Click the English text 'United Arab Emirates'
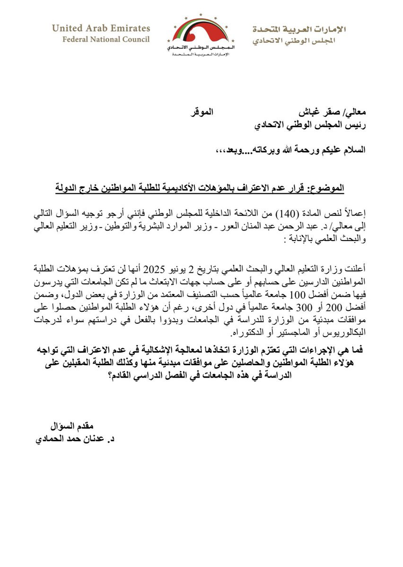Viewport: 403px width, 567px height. [x=101, y=28]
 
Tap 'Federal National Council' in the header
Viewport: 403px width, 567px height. [x=106, y=39]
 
